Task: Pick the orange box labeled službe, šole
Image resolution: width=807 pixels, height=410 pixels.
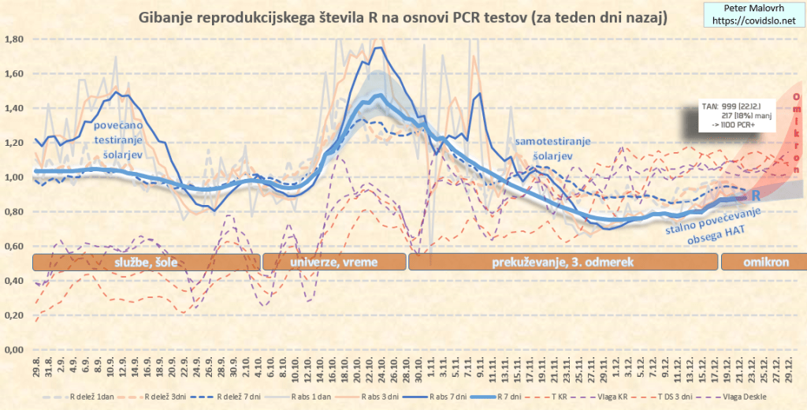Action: click(145, 263)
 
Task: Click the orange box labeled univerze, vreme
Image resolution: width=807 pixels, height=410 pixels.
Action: click(333, 263)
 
